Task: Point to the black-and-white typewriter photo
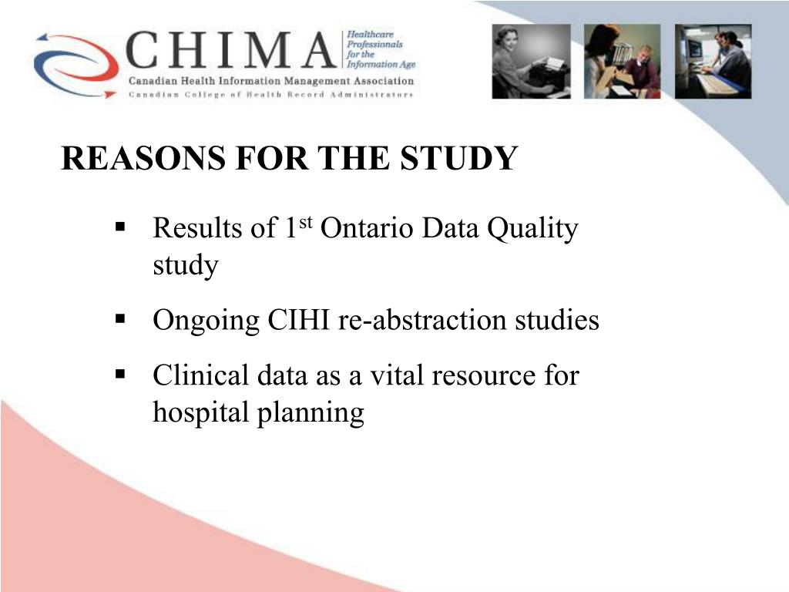click(532, 62)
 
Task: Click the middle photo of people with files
click(622, 62)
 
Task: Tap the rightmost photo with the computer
click(713, 62)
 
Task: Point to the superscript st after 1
click(304, 223)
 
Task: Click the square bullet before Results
click(120, 227)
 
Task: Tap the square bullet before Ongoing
click(120, 318)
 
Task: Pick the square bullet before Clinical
click(120, 375)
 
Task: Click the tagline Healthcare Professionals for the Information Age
click(380, 50)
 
